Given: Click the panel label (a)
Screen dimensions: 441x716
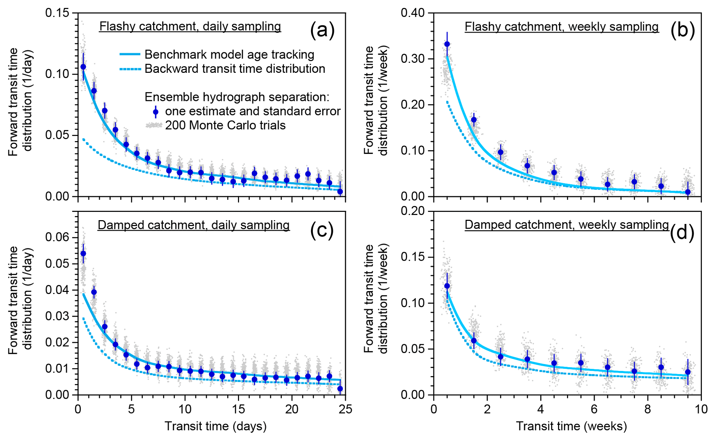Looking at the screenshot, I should tap(322, 31).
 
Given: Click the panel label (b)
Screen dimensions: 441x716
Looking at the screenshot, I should tap(682, 31).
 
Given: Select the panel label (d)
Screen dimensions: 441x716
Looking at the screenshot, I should tap(682, 233).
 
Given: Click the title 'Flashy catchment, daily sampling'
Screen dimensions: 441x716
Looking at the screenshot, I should tap(190, 26).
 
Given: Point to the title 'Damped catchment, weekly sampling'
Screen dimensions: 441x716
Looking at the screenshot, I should tap(567, 225).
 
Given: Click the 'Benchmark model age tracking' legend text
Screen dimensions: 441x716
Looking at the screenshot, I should tap(229, 54).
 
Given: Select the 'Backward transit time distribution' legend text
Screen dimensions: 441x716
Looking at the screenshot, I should tap(235, 69).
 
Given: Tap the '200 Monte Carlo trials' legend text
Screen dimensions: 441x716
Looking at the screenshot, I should tap(225, 125).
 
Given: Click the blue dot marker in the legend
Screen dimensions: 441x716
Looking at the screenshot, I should tap(156, 112).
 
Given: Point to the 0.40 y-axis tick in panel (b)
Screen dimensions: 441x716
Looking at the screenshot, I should tap(412, 13).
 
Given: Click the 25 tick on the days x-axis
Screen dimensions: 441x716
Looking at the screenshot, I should tap(345, 409).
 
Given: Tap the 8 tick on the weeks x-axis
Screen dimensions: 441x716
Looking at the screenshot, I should tap(648, 409).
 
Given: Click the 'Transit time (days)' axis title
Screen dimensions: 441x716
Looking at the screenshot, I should tap(215, 426).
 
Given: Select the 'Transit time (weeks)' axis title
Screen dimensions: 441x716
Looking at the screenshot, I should tap(571, 426).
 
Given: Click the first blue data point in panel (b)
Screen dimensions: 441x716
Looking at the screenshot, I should tap(447, 44).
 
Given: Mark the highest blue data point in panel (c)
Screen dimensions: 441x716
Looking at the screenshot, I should tap(83, 253).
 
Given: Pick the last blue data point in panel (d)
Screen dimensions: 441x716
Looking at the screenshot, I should tap(688, 372).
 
